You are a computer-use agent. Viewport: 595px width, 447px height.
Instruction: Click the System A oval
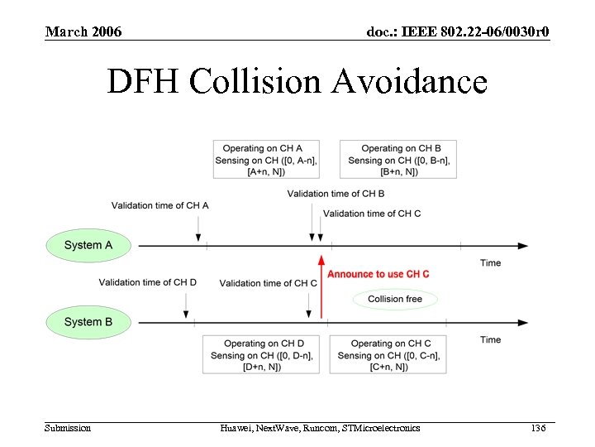(x=88, y=245)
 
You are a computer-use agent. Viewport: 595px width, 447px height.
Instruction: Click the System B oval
(x=88, y=322)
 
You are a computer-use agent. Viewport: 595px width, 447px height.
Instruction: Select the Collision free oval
(x=394, y=299)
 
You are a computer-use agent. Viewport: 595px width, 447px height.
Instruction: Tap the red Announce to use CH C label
(x=378, y=274)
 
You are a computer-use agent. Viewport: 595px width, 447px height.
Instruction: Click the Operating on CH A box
(x=265, y=160)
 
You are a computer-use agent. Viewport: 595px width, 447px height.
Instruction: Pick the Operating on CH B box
(x=400, y=160)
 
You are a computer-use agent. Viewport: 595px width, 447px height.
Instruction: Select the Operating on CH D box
(x=264, y=355)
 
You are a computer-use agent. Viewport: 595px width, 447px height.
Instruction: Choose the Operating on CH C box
(x=390, y=355)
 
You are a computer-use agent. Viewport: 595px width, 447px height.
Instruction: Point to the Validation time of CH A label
(x=159, y=205)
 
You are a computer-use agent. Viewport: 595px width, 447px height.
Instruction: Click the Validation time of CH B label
(x=336, y=194)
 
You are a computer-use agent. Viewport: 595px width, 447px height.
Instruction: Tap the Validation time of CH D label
(x=148, y=282)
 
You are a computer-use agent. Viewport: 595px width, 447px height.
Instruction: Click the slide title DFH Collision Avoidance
(x=297, y=82)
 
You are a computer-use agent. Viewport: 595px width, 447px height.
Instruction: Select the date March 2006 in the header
(x=83, y=32)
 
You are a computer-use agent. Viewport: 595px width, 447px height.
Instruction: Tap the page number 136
(x=539, y=428)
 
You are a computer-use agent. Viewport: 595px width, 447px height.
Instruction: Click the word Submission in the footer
(x=68, y=428)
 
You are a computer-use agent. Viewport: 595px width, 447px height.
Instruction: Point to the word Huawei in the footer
(x=237, y=428)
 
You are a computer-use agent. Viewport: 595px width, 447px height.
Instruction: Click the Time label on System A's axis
(x=490, y=263)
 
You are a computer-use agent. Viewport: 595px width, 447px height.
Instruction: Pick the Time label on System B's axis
(x=490, y=339)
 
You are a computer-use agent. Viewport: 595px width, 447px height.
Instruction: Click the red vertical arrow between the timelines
(x=321, y=286)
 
